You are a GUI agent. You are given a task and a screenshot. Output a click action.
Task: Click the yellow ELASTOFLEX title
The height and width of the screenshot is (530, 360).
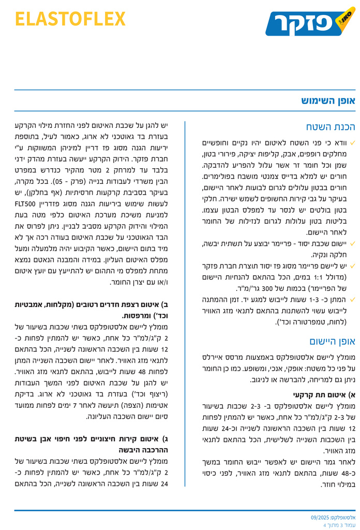(70, 19)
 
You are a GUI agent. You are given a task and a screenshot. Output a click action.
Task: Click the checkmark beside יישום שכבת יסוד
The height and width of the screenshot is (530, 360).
(352, 243)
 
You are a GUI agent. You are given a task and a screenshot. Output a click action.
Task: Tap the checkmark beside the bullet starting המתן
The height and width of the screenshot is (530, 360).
(352, 299)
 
